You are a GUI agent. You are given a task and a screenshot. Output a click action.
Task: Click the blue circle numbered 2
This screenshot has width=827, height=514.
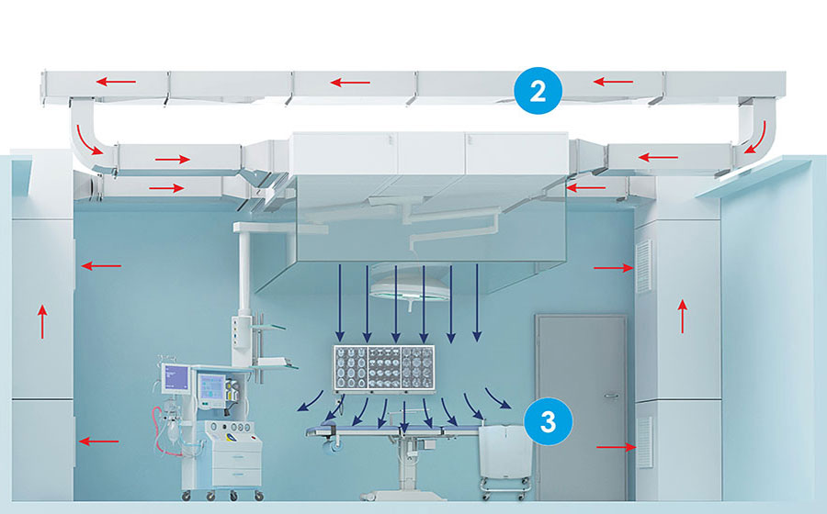tap(538, 91)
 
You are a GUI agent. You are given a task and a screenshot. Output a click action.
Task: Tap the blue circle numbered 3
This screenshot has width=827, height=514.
tap(548, 421)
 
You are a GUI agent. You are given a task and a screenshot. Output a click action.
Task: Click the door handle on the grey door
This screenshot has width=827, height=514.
tap(611, 396)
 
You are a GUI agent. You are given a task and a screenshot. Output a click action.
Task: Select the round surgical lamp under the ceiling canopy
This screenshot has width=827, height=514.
tap(409, 287)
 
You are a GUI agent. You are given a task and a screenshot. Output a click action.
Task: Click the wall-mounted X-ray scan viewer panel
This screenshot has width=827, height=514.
tap(383, 369)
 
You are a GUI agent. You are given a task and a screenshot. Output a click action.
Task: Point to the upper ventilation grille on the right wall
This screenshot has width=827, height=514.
tap(644, 266)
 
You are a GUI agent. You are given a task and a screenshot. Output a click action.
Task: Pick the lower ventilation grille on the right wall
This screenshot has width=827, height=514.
tap(645, 442)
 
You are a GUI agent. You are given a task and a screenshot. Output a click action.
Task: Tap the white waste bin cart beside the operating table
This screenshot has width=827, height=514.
tap(505, 458)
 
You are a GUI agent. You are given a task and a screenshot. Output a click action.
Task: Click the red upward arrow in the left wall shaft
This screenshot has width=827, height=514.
tap(42, 322)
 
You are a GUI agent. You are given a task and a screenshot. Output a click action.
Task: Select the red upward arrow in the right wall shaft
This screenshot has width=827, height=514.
tap(683, 317)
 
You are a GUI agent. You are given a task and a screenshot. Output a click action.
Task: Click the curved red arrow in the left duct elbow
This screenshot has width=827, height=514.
tap(88, 140)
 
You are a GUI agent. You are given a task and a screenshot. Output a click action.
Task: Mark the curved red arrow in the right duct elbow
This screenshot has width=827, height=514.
tap(756, 138)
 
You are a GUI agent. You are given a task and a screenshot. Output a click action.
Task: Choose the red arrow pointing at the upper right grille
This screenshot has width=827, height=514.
tap(614, 268)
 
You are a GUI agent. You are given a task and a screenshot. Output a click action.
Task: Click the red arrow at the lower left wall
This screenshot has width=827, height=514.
tap(99, 441)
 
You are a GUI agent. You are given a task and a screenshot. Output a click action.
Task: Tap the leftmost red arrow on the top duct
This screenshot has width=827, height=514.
tap(116, 82)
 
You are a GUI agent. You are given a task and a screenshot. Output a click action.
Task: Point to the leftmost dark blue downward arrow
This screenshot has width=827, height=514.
tap(340, 303)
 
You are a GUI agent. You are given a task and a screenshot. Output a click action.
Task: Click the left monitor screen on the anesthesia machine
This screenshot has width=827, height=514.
tap(176, 377)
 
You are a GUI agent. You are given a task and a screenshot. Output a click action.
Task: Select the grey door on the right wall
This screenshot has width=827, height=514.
tap(582, 408)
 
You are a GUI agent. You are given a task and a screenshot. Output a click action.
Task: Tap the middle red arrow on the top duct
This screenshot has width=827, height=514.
tap(350, 83)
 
